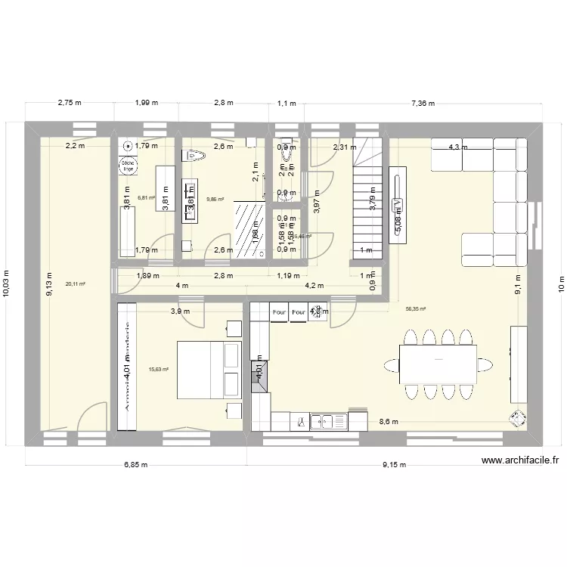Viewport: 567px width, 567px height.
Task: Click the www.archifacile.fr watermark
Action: tap(519, 460)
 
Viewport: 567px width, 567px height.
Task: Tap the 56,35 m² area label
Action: tap(416, 308)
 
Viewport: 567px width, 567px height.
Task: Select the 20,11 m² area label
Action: tap(76, 284)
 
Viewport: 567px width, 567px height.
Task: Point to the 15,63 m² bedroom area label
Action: tap(158, 370)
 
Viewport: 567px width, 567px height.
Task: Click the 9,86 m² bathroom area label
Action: tap(215, 200)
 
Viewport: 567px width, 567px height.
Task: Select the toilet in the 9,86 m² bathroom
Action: tap(195, 156)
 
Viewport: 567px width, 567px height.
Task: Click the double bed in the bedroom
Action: tap(209, 370)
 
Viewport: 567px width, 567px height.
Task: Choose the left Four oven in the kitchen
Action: tap(278, 311)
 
